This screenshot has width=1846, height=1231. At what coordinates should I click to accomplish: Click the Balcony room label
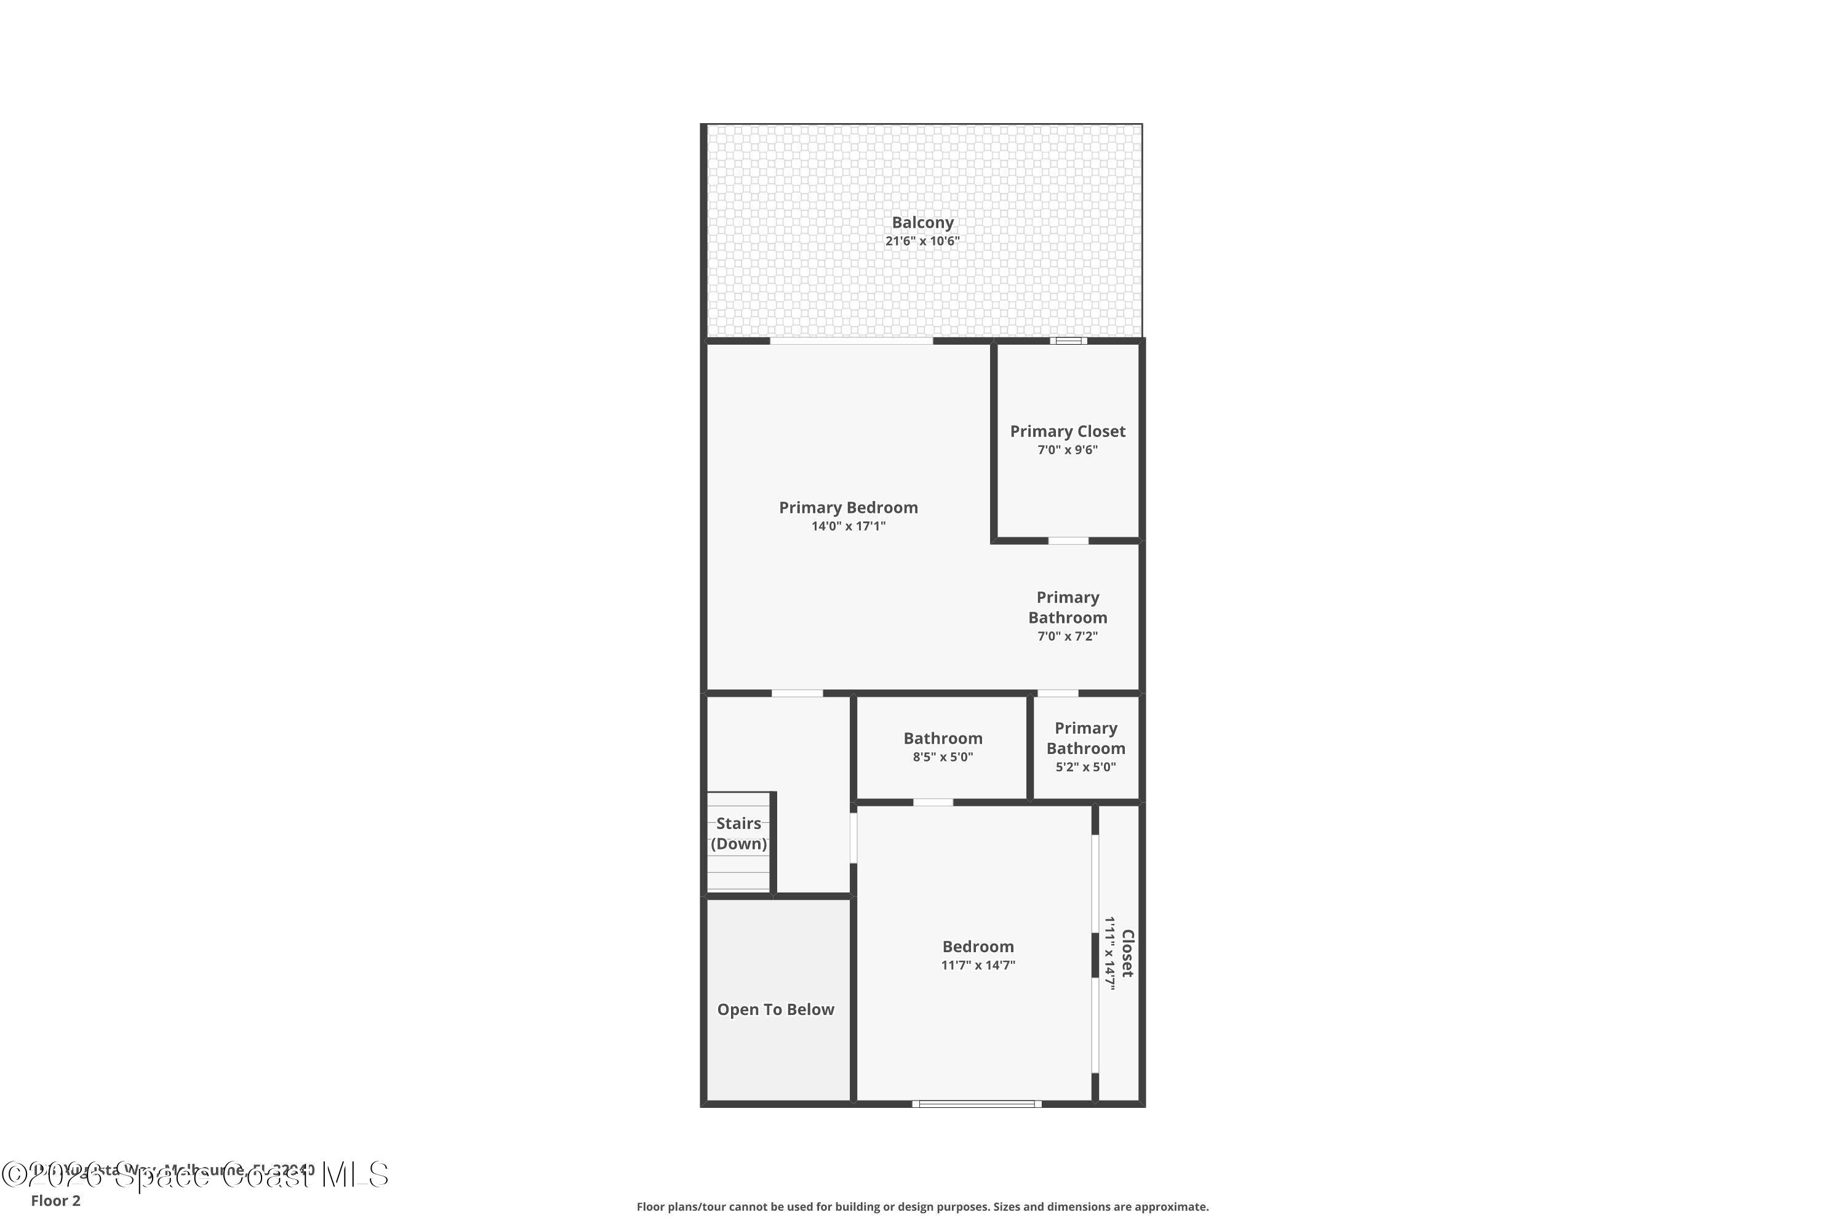922,223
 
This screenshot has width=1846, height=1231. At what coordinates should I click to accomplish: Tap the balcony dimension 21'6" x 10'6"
922,242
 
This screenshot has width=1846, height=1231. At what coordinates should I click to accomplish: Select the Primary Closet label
1068,431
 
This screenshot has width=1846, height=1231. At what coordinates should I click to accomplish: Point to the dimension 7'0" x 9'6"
1068,450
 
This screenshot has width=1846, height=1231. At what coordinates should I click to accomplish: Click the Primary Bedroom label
848,507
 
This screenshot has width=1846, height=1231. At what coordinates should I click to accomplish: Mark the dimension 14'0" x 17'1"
848,526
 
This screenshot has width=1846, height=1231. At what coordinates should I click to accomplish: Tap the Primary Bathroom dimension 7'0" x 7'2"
1068,636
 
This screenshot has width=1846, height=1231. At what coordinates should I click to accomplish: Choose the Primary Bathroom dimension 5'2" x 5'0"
1085,767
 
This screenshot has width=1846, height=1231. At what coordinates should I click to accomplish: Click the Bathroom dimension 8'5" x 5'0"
943,757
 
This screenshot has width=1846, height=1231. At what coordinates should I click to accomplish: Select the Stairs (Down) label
738,833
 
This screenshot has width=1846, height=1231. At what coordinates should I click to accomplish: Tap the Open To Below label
775,1009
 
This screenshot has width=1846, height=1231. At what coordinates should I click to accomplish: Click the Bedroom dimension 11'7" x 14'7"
978,965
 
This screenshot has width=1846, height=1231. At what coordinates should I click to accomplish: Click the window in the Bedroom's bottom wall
977,1104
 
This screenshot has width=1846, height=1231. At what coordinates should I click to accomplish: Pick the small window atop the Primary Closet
1068,341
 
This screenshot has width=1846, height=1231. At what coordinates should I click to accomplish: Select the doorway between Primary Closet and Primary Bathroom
1068,540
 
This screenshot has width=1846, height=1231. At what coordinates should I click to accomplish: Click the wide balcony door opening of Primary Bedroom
852,341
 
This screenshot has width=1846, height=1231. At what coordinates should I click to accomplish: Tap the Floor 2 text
56,1200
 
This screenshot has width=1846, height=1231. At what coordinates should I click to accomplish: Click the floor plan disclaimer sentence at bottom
922,1206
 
